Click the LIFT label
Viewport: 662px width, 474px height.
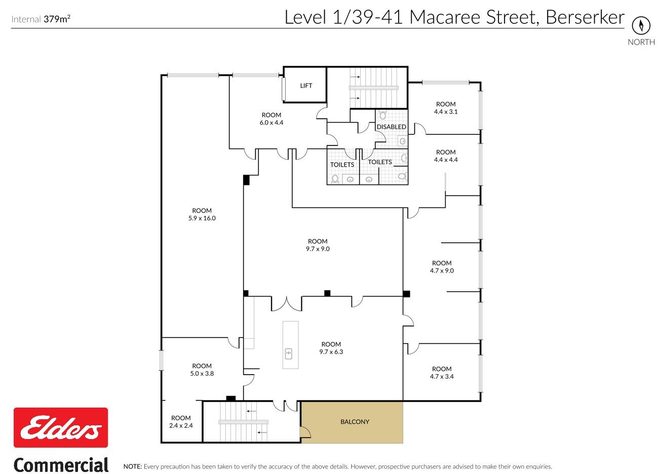coord(306,86)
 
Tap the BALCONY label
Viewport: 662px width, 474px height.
coord(355,422)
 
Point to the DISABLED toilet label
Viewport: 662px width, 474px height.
coord(392,127)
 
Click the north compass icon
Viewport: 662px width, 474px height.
coord(641,25)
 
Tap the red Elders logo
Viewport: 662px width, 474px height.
coord(61,427)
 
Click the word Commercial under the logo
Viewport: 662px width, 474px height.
coord(61,465)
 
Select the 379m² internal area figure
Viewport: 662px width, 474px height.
coord(57,19)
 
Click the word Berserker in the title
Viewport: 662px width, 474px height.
coord(585,17)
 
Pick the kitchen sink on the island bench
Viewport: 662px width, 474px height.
coord(288,354)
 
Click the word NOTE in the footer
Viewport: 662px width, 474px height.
coord(133,466)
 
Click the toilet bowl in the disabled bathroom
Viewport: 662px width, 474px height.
coord(383,115)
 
